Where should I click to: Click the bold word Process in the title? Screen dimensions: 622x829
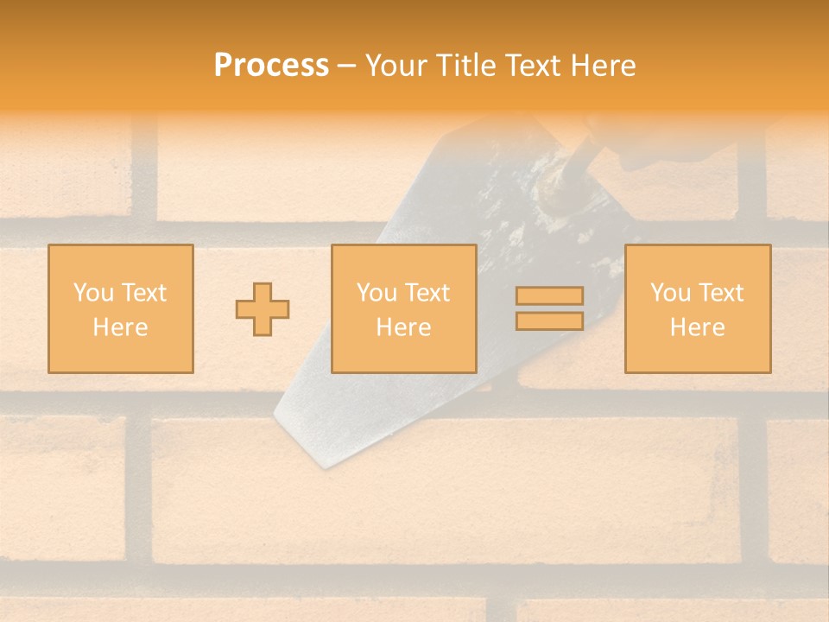[x=271, y=66]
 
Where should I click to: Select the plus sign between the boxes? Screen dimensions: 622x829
[x=263, y=309]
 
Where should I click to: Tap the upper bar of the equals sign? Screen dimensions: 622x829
[x=549, y=296]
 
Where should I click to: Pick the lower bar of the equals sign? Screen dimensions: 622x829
[x=549, y=321]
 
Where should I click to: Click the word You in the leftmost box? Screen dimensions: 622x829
[x=93, y=293]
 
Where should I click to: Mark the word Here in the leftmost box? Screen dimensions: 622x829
[x=120, y=327]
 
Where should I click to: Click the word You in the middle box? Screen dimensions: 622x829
[x=377, y=293]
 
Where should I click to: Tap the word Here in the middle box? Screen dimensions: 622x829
[x=403, y=327]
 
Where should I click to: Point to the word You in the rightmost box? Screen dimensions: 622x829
[x=670, y=293]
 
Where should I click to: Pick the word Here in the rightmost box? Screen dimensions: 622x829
[x=697, y=327]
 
